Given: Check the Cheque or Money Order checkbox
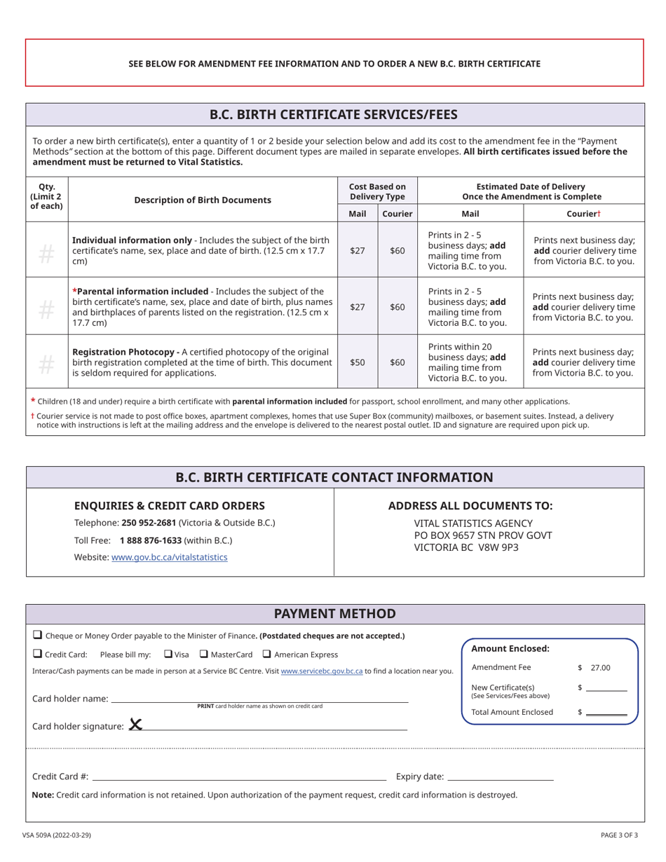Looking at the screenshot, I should click(37, 635).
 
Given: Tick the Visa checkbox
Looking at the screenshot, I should click(168, 654).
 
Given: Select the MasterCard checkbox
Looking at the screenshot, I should click(203, 654).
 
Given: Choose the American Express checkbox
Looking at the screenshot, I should click(267, 654).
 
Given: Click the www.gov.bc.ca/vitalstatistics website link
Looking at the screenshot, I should click(169, 557).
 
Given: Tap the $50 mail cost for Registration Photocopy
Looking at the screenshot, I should click(358, 362).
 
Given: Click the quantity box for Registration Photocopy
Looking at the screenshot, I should click(46, 362).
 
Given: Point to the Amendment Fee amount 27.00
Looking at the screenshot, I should click(600, 668).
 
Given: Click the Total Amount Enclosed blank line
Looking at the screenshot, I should click(606, 713).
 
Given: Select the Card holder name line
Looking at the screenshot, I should click(259, 699).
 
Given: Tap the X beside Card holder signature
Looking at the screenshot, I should click(135, 725).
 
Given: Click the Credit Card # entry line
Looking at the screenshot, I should click(239, 777).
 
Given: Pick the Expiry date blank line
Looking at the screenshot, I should click(500, 777).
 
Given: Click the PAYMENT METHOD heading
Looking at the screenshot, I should click(334, 614).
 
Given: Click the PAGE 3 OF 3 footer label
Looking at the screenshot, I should click(619, 835).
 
